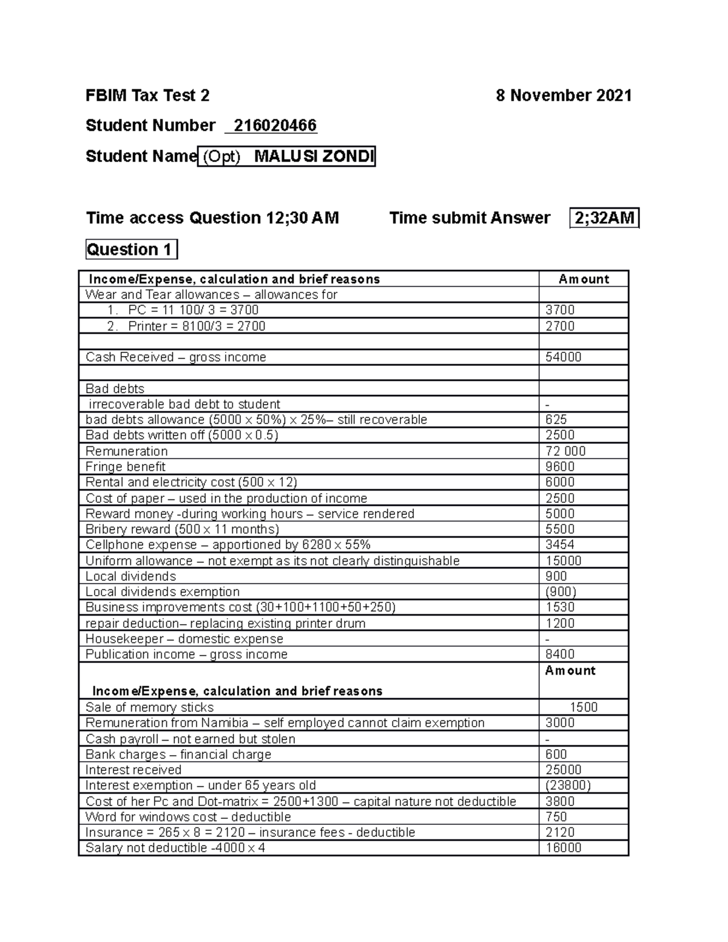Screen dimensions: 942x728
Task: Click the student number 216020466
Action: [x=275, y=126]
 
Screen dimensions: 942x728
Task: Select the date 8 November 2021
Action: [x=564, y=95]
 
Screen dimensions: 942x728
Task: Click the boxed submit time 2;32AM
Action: [x=604, y=218]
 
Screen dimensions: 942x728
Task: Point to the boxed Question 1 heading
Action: [x=131, y=249]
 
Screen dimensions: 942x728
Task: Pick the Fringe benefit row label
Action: [x=125, y=466]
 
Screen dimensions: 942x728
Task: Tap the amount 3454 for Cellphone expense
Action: [x=559, y=545]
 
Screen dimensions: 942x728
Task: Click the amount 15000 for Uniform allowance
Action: [x=563, y=561]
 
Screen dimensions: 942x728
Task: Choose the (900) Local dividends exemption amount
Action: [x=561, y=592]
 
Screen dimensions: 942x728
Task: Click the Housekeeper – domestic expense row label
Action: [x=184, y=639]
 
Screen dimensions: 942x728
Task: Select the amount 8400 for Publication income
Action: [x=559, y=654]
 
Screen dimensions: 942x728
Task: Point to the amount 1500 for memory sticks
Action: [x=583, y=707]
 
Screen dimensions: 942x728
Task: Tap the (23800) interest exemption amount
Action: [x=568, y=786]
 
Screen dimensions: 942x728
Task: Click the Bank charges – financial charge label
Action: [x=178, y=755]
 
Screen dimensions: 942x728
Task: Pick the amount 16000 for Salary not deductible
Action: [x=563, y=848]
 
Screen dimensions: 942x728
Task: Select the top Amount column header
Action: [x=583, y=279]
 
